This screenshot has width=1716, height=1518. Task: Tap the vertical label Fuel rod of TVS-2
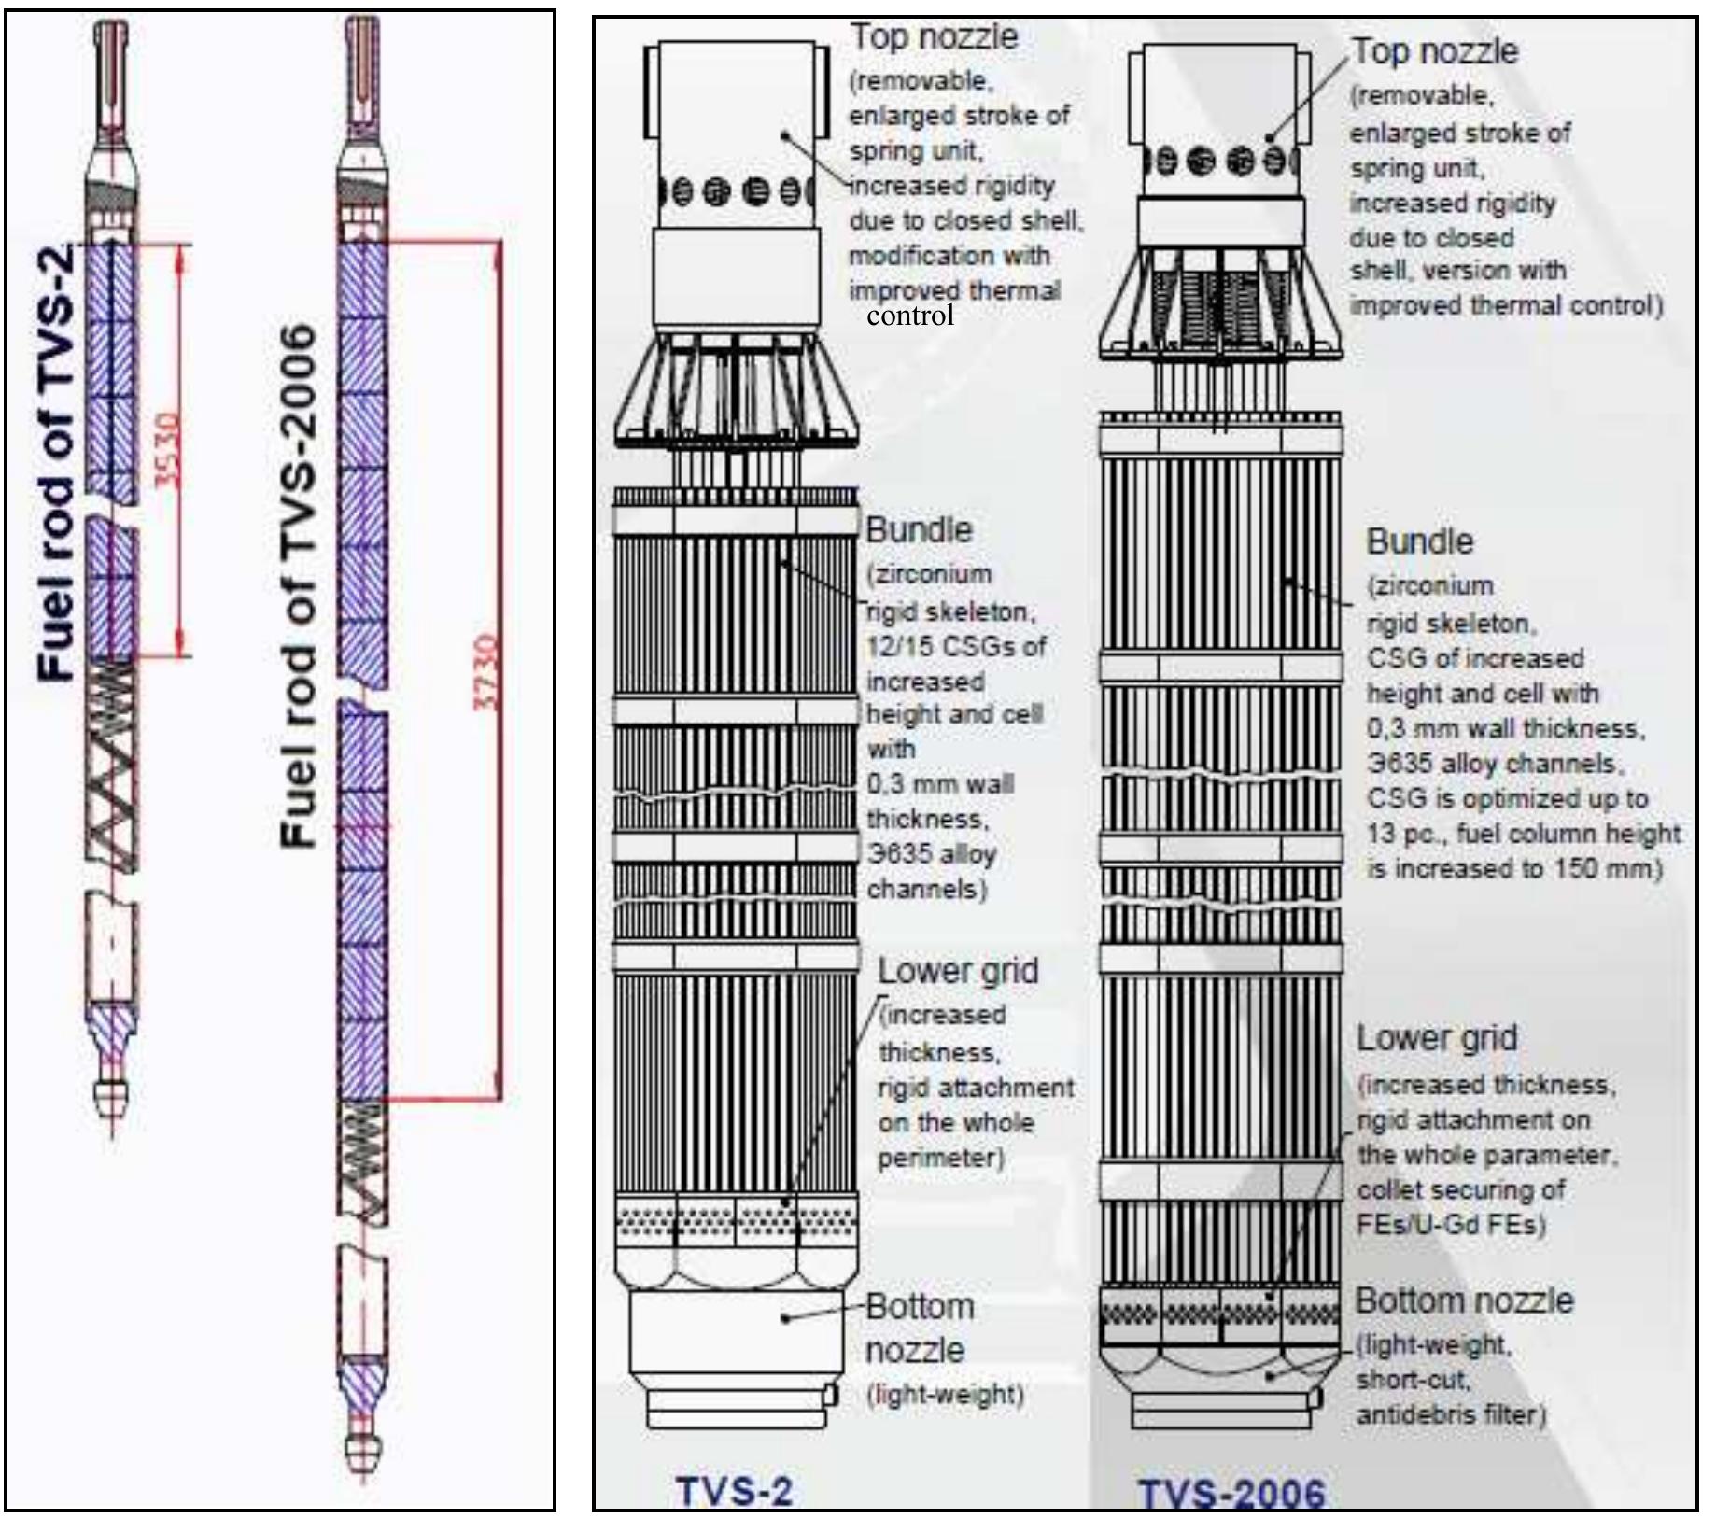point(57,462)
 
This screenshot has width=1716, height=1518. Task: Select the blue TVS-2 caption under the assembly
point(734,1490)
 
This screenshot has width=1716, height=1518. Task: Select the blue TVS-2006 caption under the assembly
point(1231,1494)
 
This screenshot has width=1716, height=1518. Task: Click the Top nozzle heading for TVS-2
point(934,37)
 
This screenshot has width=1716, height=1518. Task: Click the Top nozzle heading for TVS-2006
point(1435,51)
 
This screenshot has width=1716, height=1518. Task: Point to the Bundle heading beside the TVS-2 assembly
point(920,529)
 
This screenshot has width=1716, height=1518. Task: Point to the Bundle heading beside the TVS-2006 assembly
point(1420,541)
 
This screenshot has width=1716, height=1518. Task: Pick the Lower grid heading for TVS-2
point(958,971)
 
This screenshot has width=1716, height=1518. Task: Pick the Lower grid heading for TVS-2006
point(1437,1038)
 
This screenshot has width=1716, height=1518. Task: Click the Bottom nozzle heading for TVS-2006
point(1464,1300)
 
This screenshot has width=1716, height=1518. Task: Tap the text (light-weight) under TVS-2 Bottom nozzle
point(946,1395)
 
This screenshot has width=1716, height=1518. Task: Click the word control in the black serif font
point(910,316)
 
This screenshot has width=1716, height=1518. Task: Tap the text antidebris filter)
point(1452,1415)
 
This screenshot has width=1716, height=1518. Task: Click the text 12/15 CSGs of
point(956,646)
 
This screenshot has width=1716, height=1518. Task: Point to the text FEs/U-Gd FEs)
point(1451,1224)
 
